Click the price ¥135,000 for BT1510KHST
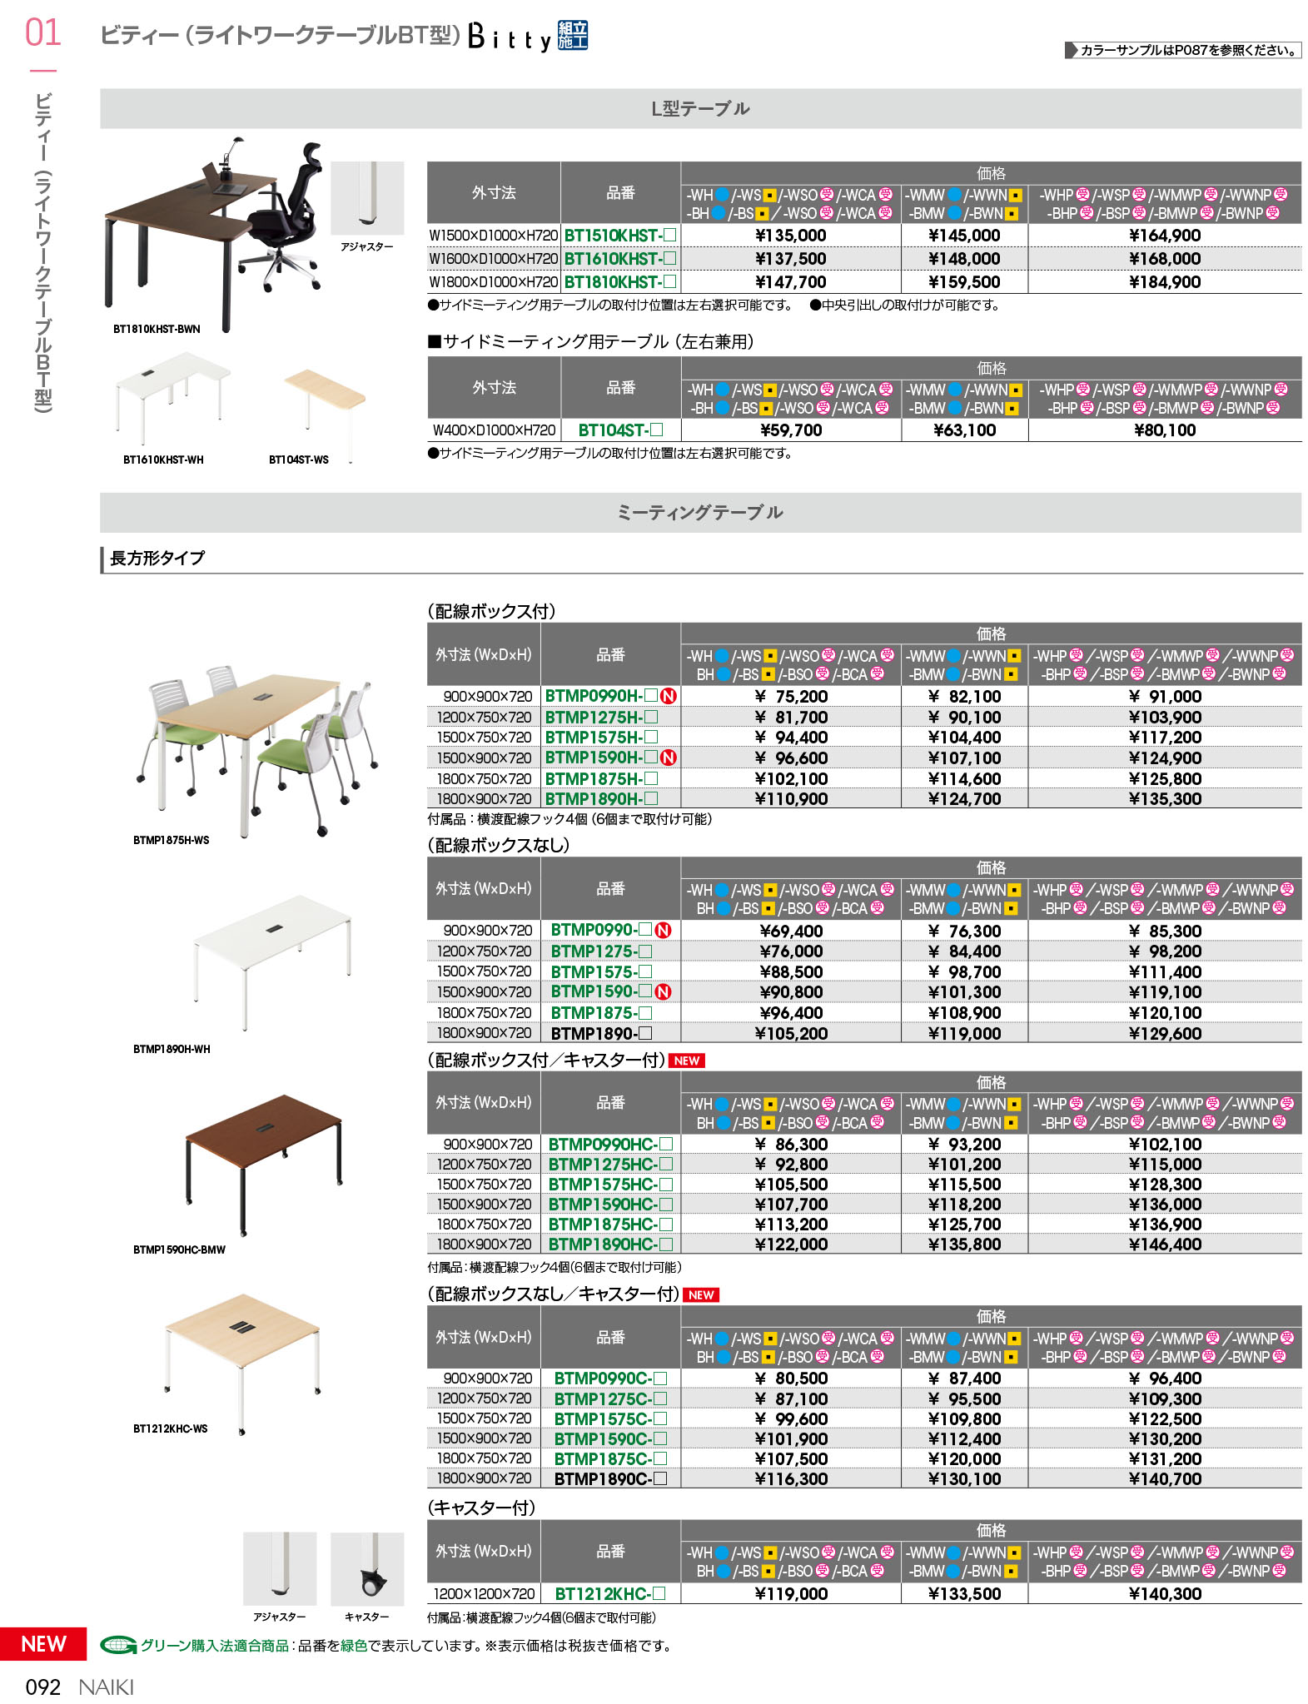click(x=790, y=236)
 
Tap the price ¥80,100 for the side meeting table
click(x=1164, y=430)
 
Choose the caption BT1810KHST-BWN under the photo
click(x=157, y=329)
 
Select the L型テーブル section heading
click(x=700, y=109)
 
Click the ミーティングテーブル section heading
click(x=700, y=513)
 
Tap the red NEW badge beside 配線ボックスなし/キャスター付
click(x=700, y=1294)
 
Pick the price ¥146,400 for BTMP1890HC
click(x=1164, y=1244)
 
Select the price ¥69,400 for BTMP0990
click(x=790, y=931)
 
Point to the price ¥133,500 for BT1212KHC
click(x=964, y=1593)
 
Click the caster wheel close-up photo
click(x=367, y=1568)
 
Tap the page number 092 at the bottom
click(x=43, y=1687)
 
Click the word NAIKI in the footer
click(x=106, y=1687)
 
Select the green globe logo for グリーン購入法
click(x=118, y=1645)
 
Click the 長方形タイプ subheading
click(x=157, y=559)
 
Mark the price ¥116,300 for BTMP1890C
click(x=790, y=1478)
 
